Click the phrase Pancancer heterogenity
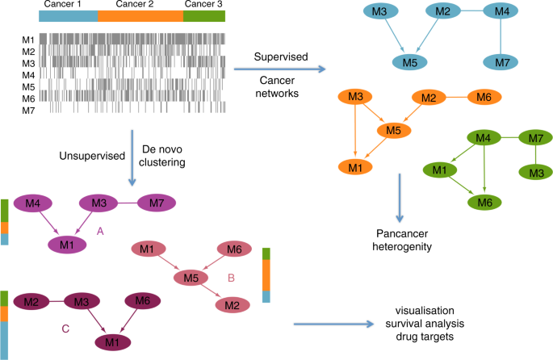pos(401,239)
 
